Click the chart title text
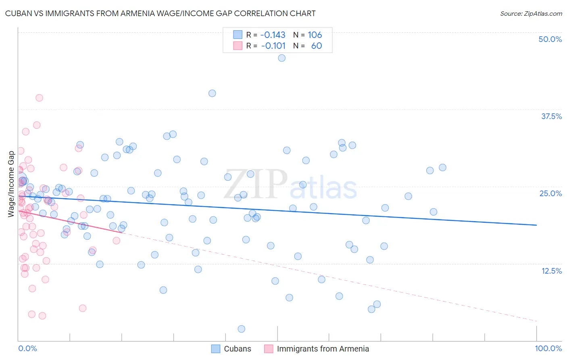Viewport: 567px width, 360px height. click(160, 13)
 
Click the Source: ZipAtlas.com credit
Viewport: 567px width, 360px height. click(531, 13)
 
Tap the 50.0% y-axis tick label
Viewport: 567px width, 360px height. click(550, 39)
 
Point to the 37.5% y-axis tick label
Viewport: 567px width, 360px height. click(551, 116)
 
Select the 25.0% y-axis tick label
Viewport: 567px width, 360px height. click(550, 193)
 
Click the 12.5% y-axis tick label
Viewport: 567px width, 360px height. click(551, 271)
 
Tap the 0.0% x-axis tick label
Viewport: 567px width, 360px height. click(27, 348)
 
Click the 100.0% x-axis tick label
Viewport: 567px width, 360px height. click(548, 348)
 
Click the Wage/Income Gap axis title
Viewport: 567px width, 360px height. click(11, 184)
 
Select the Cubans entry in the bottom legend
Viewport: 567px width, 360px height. click(237, 349)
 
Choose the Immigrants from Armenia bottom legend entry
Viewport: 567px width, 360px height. click(323, 349)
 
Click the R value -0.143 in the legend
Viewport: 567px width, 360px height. click(273, 35)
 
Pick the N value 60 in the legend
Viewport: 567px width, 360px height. click(317, 46)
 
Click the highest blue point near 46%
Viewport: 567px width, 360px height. click(282, 58)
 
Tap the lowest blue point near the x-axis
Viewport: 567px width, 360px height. click(242, 329)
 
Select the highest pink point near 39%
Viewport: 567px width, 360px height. click(39, 98)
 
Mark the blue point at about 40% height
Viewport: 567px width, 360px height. click(212, 93)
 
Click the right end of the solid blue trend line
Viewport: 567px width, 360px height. click(536, 225)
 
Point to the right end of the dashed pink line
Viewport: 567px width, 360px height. click(536, 321)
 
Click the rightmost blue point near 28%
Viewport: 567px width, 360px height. click(442, 167)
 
